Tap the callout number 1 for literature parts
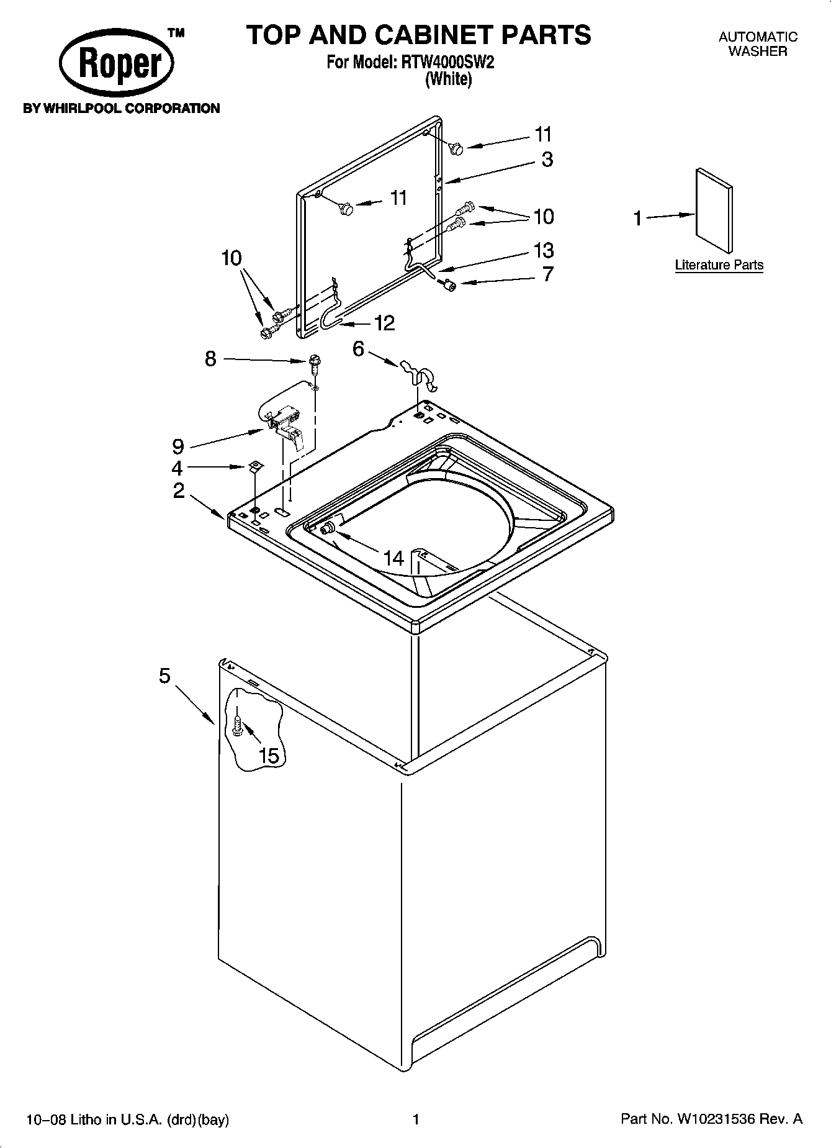(637, 219)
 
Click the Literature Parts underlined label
(719, 265)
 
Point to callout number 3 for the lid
(547, 160)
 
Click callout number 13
(543, 251)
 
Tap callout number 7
(547, 274)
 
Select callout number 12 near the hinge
(384, 323)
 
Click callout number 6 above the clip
(358, 349)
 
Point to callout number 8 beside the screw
(211, 358)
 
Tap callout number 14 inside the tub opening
(393, 558)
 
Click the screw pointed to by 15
(238, 724)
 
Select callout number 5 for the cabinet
(164, 676)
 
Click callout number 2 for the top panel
(179, 490)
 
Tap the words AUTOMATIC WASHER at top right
(757, 44)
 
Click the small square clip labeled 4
(254, 466)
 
